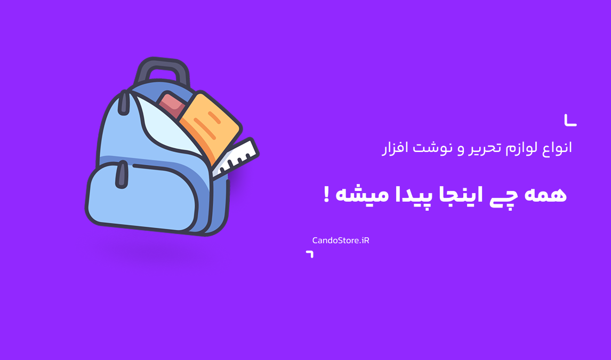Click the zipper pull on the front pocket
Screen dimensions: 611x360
(x=122, y=174)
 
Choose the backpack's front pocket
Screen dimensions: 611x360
(x=142, y=197)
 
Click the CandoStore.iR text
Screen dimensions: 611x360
(x=341, y=241)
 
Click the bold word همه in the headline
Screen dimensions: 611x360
(x=545, y=195)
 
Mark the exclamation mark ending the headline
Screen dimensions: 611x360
(x=326, y=194)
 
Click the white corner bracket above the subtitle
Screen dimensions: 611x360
(x=570, y=121)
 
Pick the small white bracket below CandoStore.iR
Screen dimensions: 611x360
(x=311, y=253)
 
